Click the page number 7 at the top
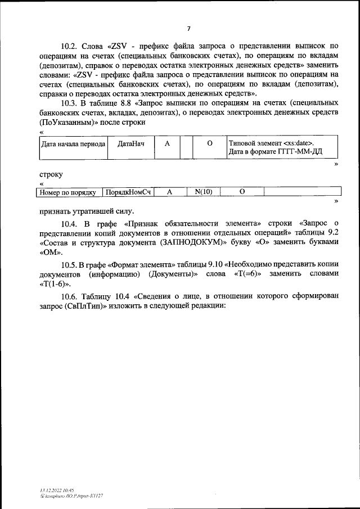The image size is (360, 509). pos(189,28)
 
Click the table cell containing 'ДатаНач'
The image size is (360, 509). pos(131,144)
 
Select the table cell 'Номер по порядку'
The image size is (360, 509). pos(69,192)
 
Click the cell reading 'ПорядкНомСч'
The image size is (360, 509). pos(129,192)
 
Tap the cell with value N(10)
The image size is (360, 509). pos(203,192)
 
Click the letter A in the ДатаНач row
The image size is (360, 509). pos(167,144)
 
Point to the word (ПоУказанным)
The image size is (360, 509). pos(64,122)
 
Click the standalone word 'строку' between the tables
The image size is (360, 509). pos(51,175)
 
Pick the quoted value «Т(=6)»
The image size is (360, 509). pos(244,273)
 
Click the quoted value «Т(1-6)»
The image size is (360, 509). pos(55,283)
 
